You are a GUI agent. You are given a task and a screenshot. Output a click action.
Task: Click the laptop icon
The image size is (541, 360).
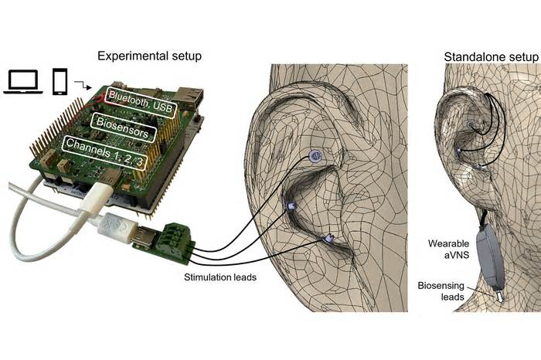23,82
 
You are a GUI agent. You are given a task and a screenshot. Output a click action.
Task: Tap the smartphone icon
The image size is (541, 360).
60,81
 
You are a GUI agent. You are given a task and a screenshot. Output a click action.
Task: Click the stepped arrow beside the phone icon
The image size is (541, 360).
83,85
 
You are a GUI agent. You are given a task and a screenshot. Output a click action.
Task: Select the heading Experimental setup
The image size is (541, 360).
149,56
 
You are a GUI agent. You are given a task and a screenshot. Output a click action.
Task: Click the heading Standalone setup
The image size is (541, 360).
491,57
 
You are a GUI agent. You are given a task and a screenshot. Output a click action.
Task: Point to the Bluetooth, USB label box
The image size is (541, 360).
141,101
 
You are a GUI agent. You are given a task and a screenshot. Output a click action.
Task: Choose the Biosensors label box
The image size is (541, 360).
123,127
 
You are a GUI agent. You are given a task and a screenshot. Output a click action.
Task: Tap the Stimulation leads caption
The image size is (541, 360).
220,277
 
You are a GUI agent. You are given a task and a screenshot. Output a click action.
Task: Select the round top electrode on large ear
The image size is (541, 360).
315,156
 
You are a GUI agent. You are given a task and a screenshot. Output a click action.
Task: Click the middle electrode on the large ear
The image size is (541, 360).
291,205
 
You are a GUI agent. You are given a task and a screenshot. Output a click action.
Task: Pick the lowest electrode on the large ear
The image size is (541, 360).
328,238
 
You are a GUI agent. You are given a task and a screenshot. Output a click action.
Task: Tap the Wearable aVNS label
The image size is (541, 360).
448,250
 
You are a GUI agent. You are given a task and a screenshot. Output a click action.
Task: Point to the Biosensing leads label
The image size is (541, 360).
441,291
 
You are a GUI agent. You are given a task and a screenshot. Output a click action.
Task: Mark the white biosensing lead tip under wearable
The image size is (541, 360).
499,296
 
